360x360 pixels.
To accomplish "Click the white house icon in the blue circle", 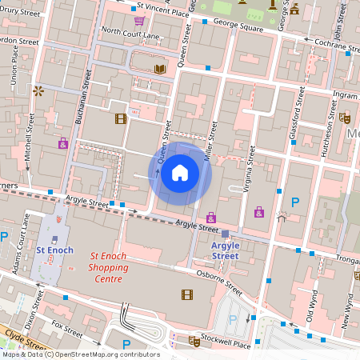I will [180, 173].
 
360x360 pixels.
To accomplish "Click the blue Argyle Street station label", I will [225, 250].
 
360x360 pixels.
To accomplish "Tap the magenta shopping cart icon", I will [139, 21].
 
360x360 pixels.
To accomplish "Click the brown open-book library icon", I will [160, 70].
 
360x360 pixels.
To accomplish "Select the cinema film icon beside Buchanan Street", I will [121, 119].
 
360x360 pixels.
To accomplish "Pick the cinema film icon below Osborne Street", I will [187, 294].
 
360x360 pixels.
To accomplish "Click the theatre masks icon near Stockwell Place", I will [194, 341].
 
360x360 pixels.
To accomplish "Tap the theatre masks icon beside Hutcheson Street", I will [345, 118].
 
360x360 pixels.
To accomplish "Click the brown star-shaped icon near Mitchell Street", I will [37, 91].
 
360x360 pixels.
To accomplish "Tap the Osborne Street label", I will [220, 282].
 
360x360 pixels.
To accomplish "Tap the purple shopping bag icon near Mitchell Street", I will [62, 144].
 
